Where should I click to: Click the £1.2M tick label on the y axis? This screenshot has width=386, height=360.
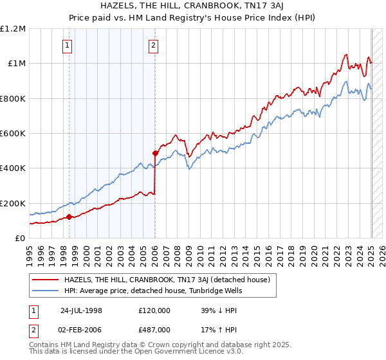point(12,28)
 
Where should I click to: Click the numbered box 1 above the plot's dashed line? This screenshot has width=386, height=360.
point(68,45)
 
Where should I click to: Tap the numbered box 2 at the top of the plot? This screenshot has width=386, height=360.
point(154,45)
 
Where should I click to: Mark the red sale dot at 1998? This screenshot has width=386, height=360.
point(69,217)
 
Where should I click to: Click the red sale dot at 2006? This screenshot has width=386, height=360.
point(155,153)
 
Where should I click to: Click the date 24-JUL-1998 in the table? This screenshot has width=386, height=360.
point(81,310)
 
